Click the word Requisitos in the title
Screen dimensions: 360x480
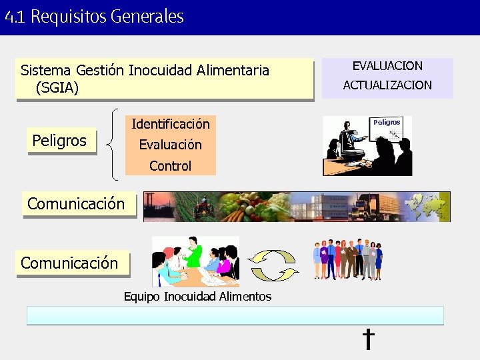click(68, 17)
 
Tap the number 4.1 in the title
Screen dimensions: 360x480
click(15, 17)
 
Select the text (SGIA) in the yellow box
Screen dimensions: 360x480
click(58, 87)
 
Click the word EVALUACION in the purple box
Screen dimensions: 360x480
click(387, 66)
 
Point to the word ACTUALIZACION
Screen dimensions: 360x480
click(387, 85)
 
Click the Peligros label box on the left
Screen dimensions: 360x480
click(60, 141)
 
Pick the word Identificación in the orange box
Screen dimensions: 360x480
click(171, 124)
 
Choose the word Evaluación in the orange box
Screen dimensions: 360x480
click(171, 145)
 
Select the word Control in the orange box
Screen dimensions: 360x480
click(171, 166)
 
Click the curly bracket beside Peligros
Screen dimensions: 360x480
click(115, 144)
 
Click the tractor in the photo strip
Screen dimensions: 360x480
click(203, 206)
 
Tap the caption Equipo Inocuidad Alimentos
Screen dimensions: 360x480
click(197, 297)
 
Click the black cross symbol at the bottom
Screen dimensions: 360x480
click(367, 339)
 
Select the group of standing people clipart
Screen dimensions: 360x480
click(349, 259)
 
